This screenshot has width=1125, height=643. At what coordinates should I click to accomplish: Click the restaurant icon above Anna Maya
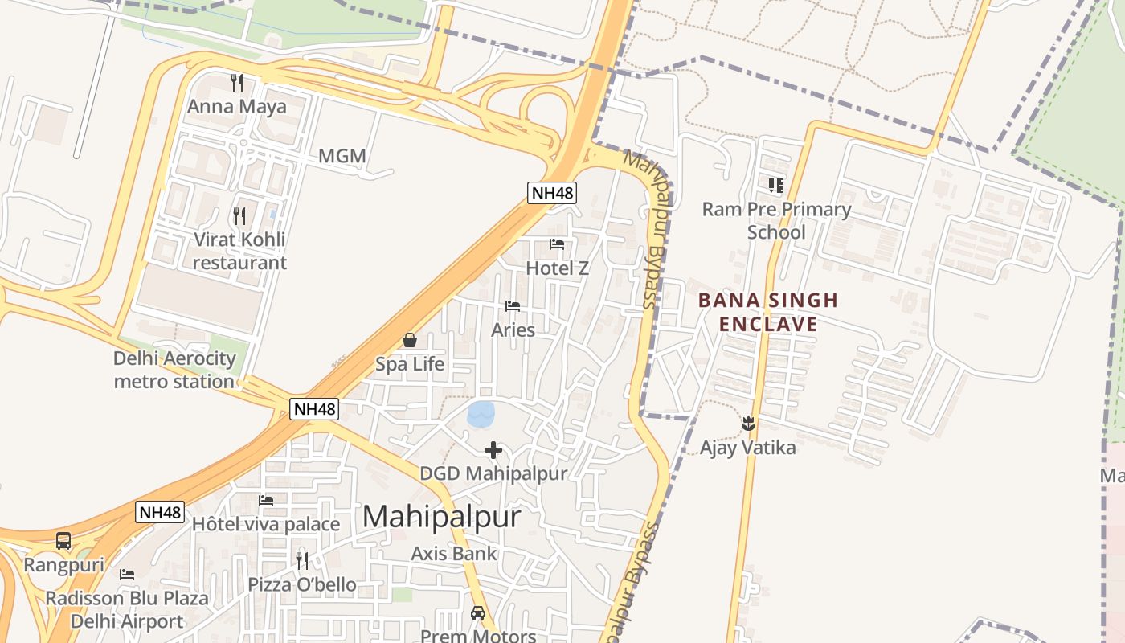(x=237, y=82)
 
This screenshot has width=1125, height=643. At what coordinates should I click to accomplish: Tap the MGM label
(x=342, y=156)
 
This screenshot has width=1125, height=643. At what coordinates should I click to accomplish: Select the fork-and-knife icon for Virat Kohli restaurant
(x=239, y=215)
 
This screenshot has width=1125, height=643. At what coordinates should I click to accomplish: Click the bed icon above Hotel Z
(x=557, y=244)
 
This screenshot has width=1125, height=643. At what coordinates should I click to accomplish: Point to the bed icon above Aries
(x=513, y=306)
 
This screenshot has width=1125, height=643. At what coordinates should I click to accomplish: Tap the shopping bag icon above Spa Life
(x=410, y=340)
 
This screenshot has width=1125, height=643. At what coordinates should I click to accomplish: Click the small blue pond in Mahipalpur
(x=481, y=414)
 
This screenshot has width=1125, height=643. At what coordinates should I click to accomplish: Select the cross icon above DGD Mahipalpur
(x=493, y=450)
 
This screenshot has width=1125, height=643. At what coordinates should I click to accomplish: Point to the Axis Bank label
(x=454, y=553)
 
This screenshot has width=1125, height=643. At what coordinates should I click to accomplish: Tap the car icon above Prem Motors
(x=478, y=613)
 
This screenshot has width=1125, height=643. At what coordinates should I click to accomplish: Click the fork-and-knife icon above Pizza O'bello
(x=302, y=560)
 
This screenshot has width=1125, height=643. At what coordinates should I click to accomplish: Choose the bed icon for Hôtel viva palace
(x=266, y=500)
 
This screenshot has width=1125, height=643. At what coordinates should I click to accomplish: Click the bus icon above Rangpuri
(x=63, y=541)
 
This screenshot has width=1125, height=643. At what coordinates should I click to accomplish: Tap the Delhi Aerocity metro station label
(x=174, y=370)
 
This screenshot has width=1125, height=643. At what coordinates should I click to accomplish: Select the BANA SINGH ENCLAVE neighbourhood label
(x=768, y=312)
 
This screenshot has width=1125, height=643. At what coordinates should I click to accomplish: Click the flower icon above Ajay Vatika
(x=748, y=423)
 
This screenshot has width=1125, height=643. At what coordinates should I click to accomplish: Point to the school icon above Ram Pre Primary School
(x=775, y=186)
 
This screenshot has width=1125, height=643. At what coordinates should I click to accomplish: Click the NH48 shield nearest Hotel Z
(x=552, y=192)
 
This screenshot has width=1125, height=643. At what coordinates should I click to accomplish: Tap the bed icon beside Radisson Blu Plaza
(x=127, y=574)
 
